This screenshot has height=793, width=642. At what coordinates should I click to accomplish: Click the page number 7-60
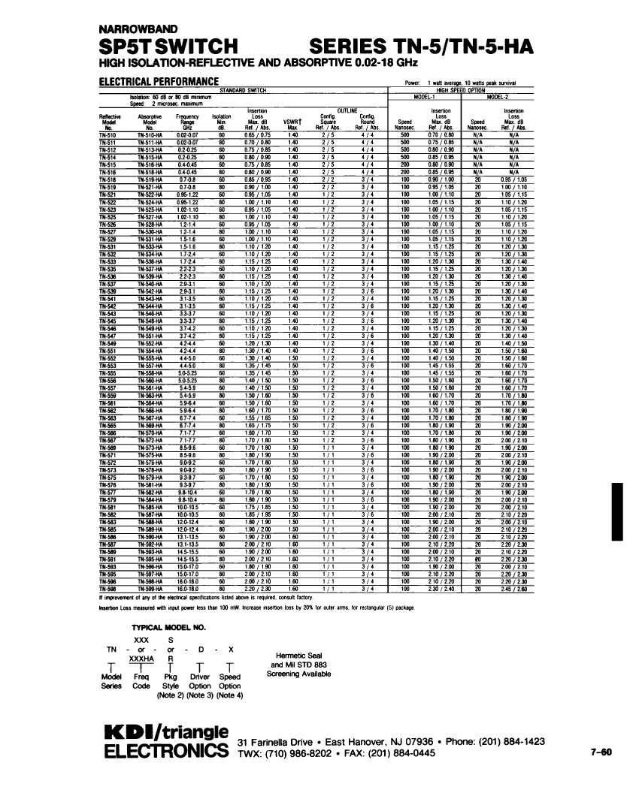tap(601, 752)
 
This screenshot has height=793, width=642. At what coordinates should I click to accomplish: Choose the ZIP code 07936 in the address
tap(386, 742)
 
